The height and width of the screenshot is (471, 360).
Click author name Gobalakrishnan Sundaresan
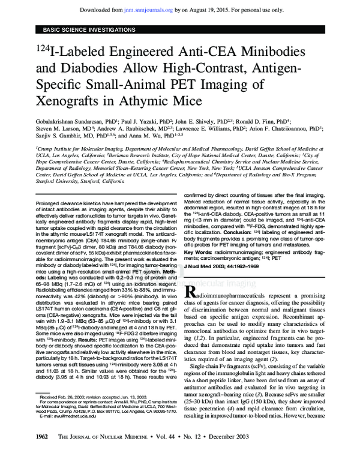point(73,120)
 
